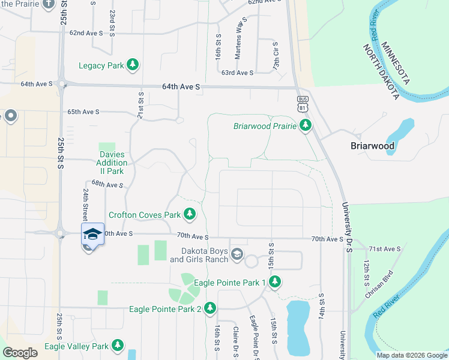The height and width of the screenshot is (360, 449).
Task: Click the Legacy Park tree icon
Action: point(133,65)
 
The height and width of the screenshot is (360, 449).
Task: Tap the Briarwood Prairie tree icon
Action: point(306,125)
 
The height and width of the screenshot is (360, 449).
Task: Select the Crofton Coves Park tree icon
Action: point(190,214)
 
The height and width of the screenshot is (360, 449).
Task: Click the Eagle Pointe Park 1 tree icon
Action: point(275,281)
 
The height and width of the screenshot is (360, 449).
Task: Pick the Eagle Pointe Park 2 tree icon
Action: point(209,308)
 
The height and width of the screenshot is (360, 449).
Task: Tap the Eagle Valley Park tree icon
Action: point(118,346)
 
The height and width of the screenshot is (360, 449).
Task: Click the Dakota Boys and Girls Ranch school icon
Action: point(237,254)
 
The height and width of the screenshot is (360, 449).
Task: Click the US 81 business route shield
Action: point(301,103)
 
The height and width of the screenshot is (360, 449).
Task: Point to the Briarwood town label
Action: point(372,146)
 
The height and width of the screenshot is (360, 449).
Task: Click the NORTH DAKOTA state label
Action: point(379,71)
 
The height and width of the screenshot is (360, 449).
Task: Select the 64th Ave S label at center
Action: point(180,87)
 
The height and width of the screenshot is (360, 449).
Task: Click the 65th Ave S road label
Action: point(83,112)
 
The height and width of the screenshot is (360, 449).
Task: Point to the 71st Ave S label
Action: point(384,248)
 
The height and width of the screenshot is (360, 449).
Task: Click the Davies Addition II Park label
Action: point(113,163)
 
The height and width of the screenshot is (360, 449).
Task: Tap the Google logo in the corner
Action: point(20,353)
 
